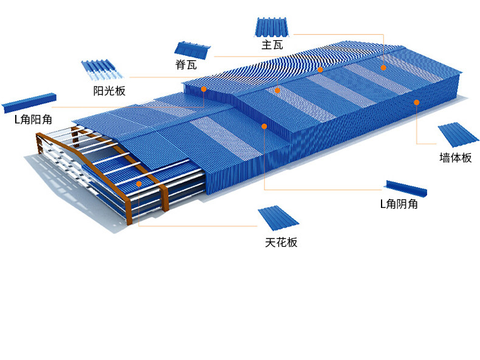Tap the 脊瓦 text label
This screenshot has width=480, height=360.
(185, 65)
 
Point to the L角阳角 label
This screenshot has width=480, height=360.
(33, 119)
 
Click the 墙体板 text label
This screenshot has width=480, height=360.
(455, 158)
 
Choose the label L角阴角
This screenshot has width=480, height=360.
(399, 204)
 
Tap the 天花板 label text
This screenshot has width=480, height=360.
(281, 243)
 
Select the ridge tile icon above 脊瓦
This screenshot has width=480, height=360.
(193, 50)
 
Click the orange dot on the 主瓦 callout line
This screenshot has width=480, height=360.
(383, 67)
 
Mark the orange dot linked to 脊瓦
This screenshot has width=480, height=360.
(320, 70)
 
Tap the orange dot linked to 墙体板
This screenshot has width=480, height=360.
(416, 103)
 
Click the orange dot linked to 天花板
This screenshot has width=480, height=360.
(139, 183)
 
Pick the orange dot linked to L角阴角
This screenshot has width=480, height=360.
(264, 126)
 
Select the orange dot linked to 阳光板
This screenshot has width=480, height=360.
(278, 90)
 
